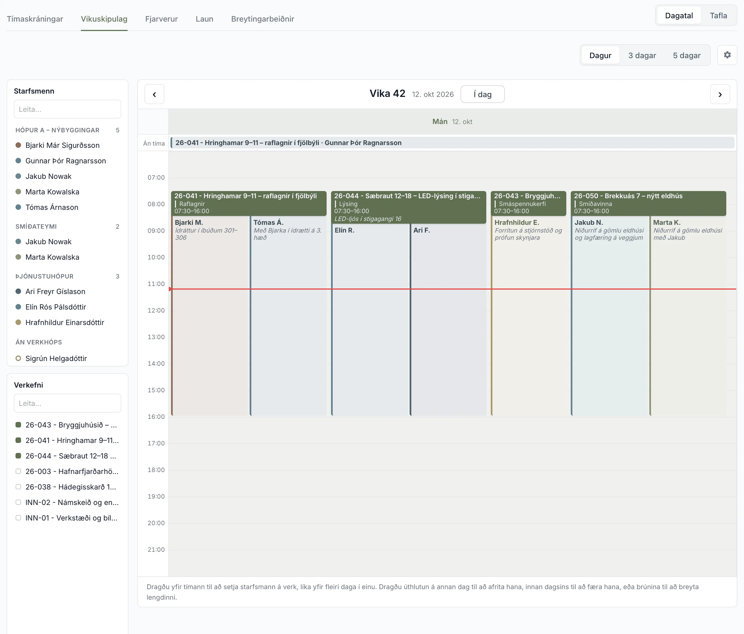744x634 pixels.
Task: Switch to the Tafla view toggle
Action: pos(718,16)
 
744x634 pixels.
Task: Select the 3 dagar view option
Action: pos(642,55)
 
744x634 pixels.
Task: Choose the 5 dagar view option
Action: pos(686,55)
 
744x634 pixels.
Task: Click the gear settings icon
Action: pos(727,55)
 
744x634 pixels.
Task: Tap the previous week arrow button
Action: pos(154,94)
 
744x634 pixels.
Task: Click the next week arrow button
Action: pos(720,94)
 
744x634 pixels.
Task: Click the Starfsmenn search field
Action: pos(68,109)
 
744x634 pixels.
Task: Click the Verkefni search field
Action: pos(68,403)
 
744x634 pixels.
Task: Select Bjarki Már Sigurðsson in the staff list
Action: pos(63,145)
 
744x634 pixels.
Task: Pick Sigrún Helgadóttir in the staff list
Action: pos(56,359)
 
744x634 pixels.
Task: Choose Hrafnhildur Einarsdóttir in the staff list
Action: pos(65,322)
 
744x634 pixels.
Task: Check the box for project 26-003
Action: pos(18,471)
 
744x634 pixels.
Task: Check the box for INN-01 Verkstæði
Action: pos(18,518)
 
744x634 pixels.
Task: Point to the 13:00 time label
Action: pos(156,337)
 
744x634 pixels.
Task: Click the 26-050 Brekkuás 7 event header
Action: pos(648,203)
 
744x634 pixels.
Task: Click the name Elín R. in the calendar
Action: pos(344,230)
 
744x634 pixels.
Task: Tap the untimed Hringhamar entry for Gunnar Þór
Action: pos(453,143)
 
